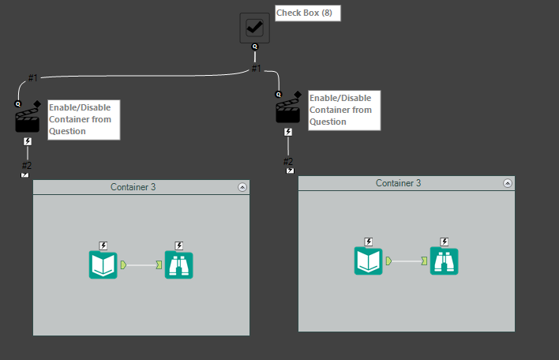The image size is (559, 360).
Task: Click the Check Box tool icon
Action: tap(254, 28)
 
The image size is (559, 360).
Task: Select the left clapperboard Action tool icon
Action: tap(28, 119)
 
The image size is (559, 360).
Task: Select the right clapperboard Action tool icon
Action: tap(287, 110)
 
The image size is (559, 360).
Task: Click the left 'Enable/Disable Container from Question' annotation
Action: tap(83, 119)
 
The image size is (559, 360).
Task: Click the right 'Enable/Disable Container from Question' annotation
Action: tap(343, 110)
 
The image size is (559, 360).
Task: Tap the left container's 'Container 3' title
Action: tap(133, 187)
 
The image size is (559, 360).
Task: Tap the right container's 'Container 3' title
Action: tap(398, 183)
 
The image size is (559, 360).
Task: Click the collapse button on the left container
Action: tap(242, 187)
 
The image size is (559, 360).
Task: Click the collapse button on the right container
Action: tap(508, 183)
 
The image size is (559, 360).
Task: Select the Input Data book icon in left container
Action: tap(103, 264)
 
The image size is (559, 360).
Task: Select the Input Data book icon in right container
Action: tap(368, 261)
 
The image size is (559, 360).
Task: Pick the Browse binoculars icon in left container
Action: tap(178, 264)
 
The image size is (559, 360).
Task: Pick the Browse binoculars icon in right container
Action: tap(444, 261)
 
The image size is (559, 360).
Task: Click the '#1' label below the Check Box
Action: tap(256, 68)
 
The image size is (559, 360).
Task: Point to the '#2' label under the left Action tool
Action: tap(27, 165)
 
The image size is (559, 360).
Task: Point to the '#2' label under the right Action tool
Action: tap(289, 161)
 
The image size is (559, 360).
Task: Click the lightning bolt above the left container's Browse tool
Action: tap(178, 246)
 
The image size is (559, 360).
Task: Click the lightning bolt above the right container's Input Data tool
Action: tap(368, 242)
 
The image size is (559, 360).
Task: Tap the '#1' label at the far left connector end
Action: tap(32, 77)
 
